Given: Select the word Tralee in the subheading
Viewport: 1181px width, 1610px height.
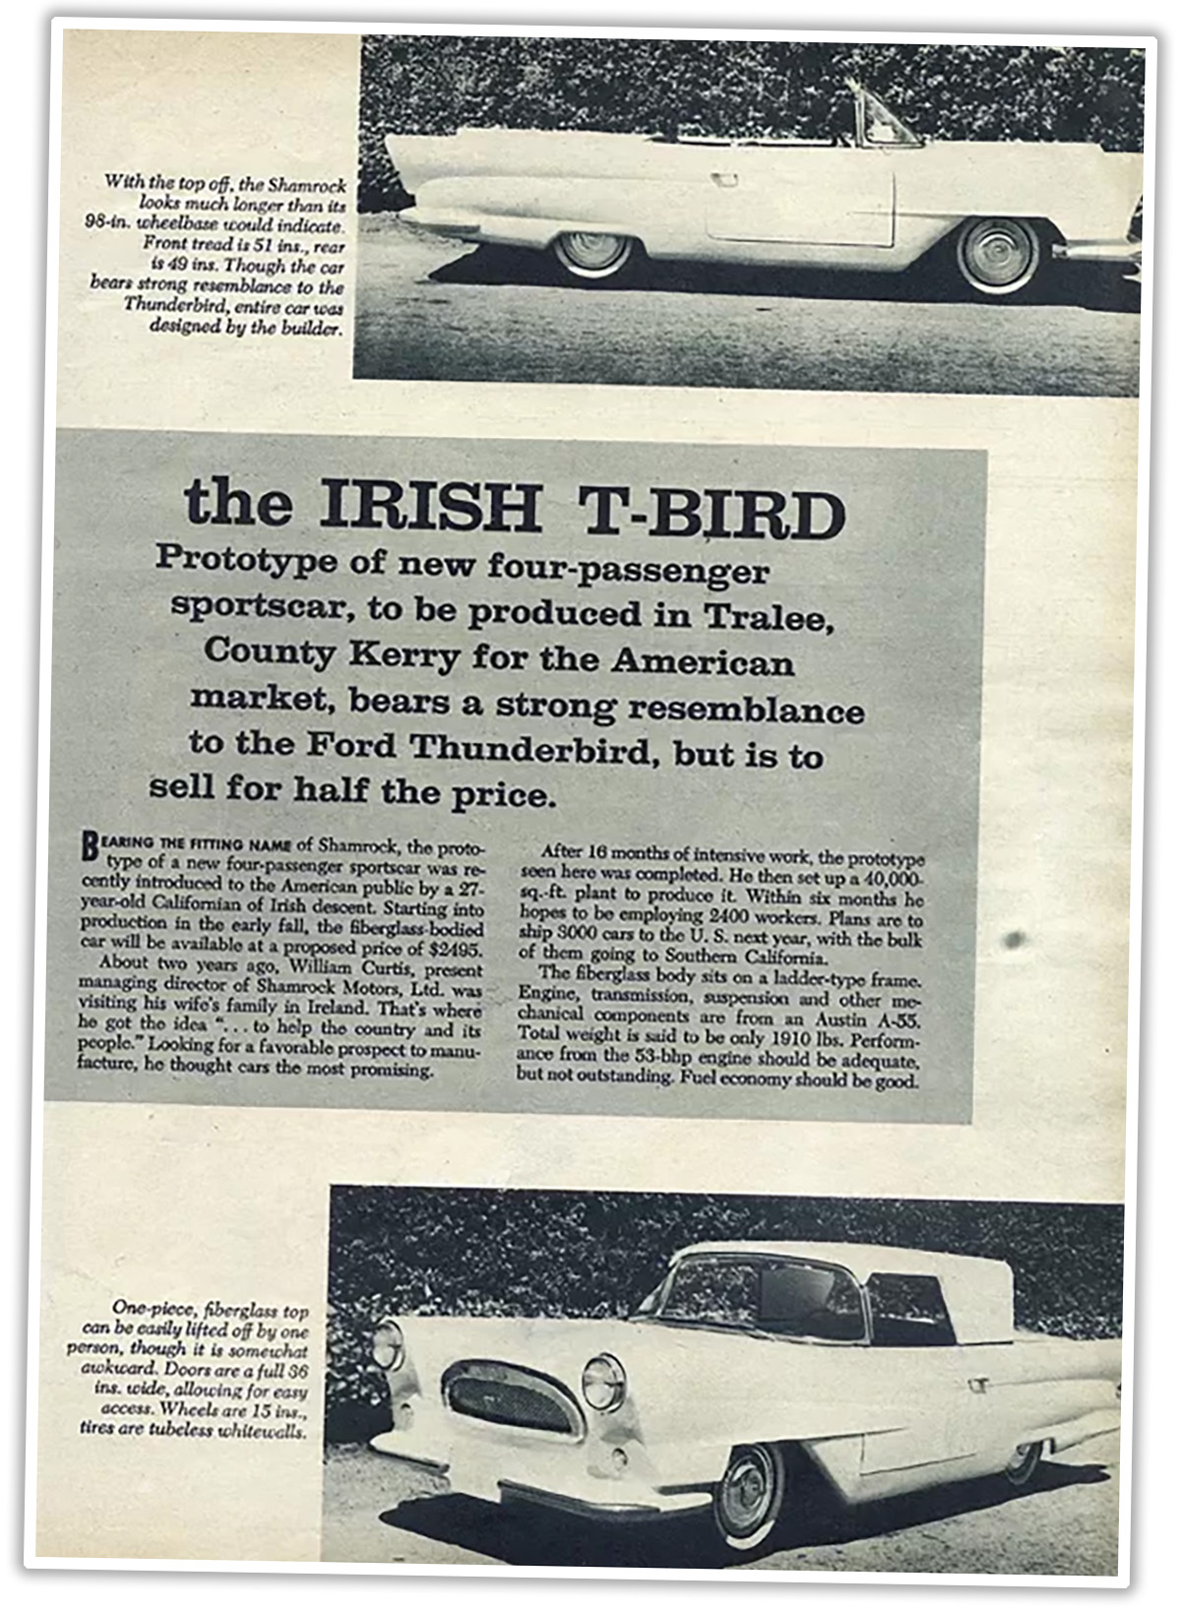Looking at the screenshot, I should click(x=768, y=617).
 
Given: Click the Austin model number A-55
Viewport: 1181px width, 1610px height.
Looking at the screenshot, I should click(x=899, y=1021).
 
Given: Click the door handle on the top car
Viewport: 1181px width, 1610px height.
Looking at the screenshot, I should click(x=725, y=180).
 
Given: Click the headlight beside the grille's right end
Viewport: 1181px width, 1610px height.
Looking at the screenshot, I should click(x=603, y=1381).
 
